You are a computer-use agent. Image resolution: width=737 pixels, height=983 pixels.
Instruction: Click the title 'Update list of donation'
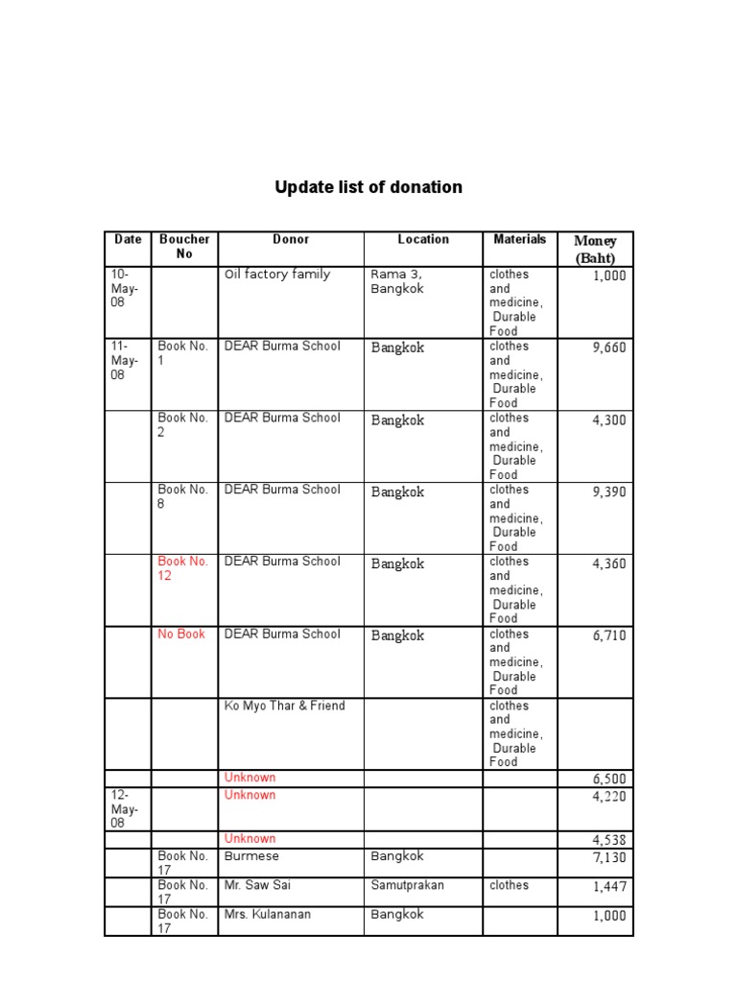tap(368, 187)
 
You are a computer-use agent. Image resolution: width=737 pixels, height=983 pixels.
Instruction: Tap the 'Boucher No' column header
tap(184, 247)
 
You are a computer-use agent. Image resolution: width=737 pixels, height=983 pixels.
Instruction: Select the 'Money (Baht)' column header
tap(595, 249)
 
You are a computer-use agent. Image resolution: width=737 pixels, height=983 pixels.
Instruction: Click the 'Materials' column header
tap(519, 239)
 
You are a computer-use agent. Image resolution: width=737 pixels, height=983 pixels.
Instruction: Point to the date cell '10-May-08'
tap(126, 288)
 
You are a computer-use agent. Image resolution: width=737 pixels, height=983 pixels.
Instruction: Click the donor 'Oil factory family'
tap(277, 275)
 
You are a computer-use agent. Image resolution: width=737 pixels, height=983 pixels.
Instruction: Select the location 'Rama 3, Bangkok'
tap(397, 281)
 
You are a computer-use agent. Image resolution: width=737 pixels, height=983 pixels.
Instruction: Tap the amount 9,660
tap(608, 348)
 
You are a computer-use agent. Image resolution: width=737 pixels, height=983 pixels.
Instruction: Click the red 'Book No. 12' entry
tap(183, 568)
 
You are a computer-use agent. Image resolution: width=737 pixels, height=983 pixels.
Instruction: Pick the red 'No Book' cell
tap(181, 634)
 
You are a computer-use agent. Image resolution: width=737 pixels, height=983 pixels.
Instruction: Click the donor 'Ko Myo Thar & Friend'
tap(284, 706)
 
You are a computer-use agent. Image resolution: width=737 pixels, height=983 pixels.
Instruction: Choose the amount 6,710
tap(608, 635)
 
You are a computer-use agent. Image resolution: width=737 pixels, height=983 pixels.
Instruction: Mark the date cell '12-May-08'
tap(126, 809)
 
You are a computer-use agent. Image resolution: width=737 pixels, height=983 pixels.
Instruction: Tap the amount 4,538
tap(608, 840)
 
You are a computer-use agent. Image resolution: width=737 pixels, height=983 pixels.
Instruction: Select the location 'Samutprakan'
tap(407, 885)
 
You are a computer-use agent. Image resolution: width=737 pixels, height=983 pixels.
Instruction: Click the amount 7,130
tap(608, 857)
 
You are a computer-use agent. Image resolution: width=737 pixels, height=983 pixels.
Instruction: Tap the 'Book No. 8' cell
tap(183, 496)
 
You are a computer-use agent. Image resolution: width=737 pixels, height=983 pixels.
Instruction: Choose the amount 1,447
tap(608, 887)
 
